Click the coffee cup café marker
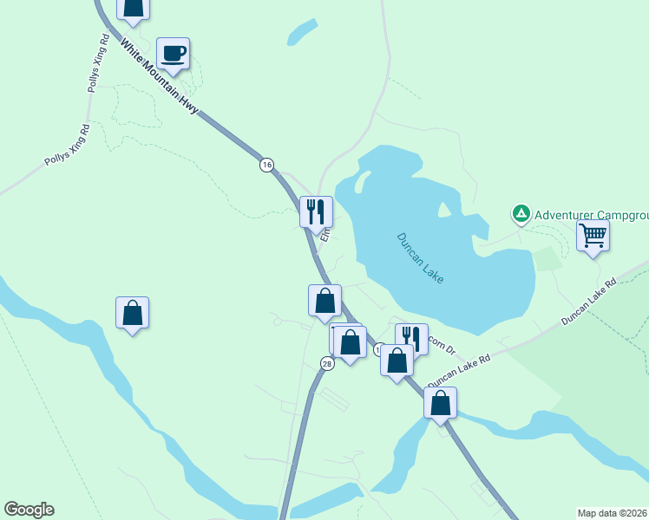173,53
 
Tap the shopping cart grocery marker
593,234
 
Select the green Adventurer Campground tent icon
521,213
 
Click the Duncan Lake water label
420,257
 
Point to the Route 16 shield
266,165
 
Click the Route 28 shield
326,364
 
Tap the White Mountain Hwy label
160,76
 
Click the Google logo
29,510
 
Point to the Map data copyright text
612,512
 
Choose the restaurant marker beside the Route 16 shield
316,211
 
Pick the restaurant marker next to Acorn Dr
411,337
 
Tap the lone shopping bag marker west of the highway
132,312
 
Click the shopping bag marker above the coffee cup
134,7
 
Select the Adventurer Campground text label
591,214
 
